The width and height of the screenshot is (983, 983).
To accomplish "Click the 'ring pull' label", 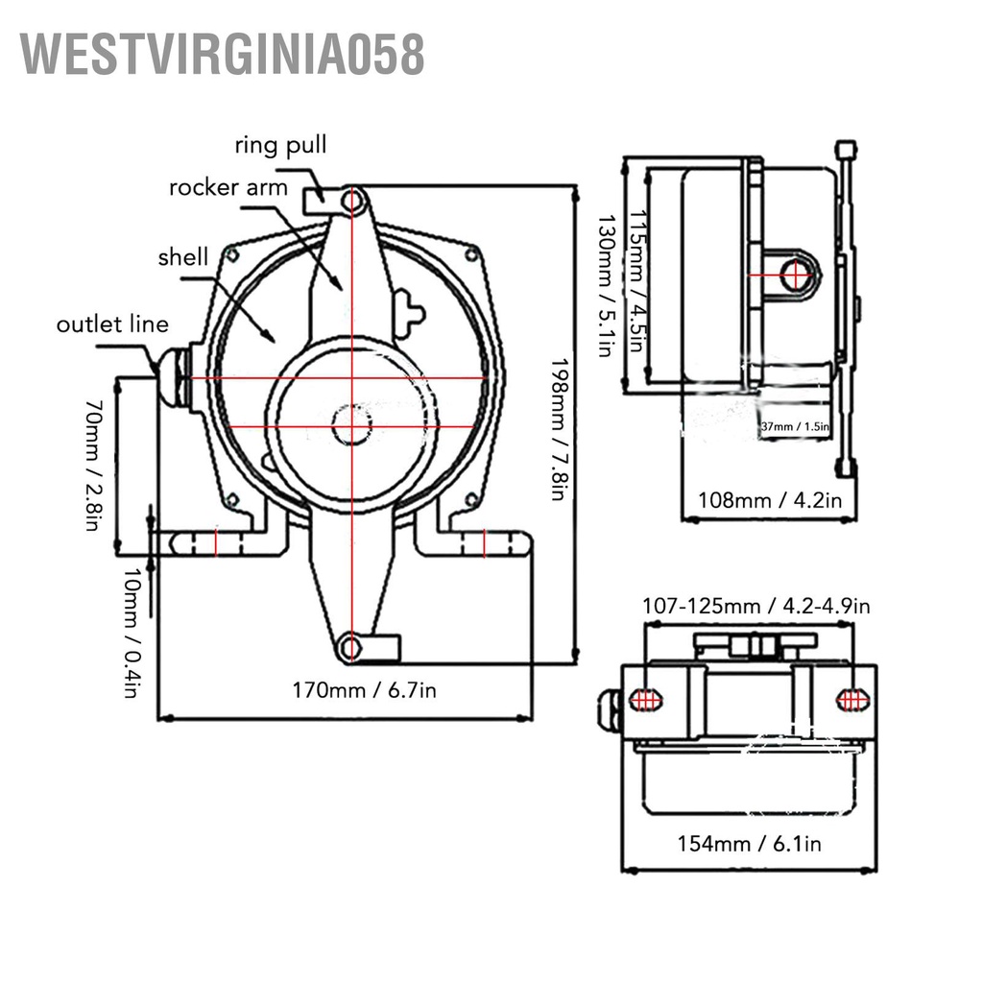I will tap(280, 146).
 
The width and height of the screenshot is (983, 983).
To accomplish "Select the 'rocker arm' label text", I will tap(228, 187).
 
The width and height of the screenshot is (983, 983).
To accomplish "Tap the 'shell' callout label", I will tap(182, 256).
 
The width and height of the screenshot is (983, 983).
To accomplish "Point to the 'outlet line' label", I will tap(112, 324).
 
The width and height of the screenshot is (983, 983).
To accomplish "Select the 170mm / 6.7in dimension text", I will tap(364, 689).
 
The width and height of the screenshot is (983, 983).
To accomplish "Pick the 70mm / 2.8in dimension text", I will tap(92, 466).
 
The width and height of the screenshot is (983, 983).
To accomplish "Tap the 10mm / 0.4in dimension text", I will tap(132, 633).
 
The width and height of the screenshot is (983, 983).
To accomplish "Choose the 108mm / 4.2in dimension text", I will tap(769, 500).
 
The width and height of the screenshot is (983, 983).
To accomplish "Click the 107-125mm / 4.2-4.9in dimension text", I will tap(755, 606).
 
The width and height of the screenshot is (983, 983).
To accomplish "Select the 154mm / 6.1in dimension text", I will tap(750, 844).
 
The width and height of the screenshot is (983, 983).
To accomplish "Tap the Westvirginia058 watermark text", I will tap(223, 54).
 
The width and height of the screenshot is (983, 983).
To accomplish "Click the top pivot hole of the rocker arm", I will tap(353, 202).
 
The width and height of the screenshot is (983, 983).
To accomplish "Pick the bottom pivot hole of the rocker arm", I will tap(351, 648).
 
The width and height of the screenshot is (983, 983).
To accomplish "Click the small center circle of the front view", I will tap(351, 424).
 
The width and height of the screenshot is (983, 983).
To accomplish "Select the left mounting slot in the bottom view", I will tap(646, 700).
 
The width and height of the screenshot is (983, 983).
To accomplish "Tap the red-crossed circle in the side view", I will tap(796, 276).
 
